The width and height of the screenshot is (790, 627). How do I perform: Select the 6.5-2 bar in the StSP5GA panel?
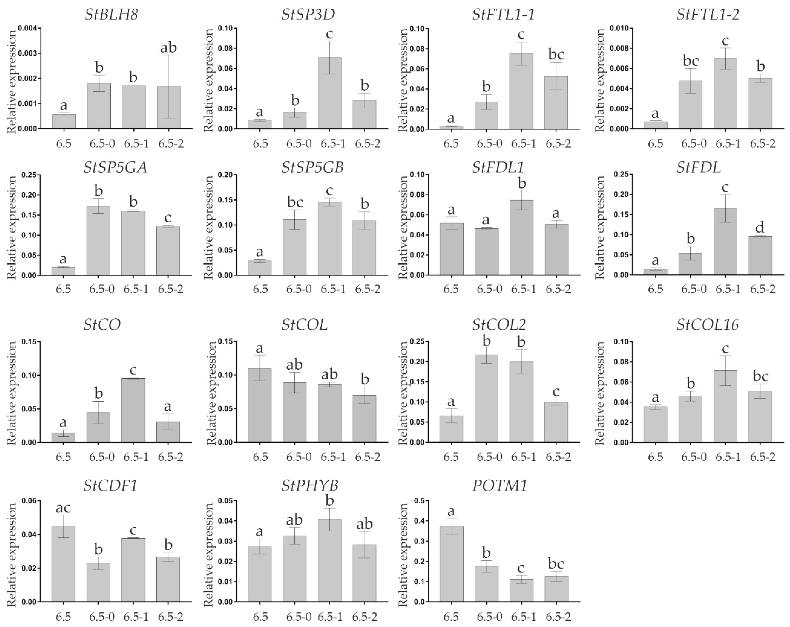pyautogui.click(x=168, y=251)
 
